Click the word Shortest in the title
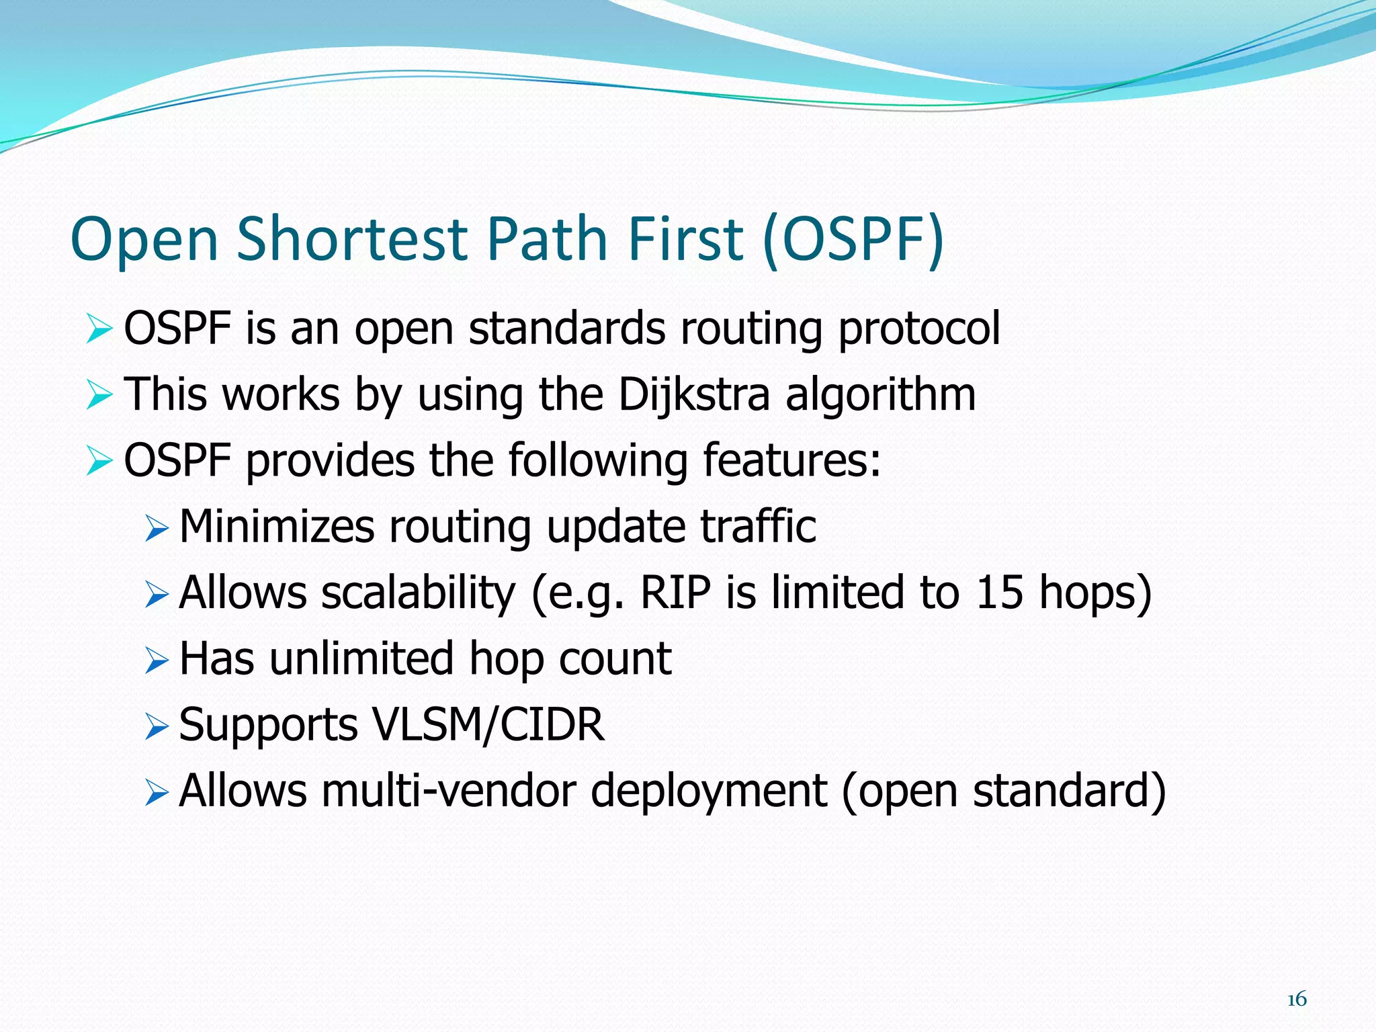[x=351, y=239]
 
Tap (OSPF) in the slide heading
[x=854, y=239]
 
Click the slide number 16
[x=1297, y=999]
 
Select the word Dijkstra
[x=693, y=394]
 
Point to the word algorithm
[x=880, y=394]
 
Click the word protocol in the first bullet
[x=919, y=329]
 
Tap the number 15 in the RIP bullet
[x=1000, y=593]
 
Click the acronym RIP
[x=675, y=593]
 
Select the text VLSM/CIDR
[x=488, y=725]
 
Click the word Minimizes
[x=277, y=526]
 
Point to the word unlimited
[x=361, y=658]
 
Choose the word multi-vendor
[x=449, y=791]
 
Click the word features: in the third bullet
[x=791, y=461]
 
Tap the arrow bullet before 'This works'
[x=99, y=395]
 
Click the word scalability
[x=418, y=593]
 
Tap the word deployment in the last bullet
[x=709, y=791]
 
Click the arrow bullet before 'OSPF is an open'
[x=99, y=330]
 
